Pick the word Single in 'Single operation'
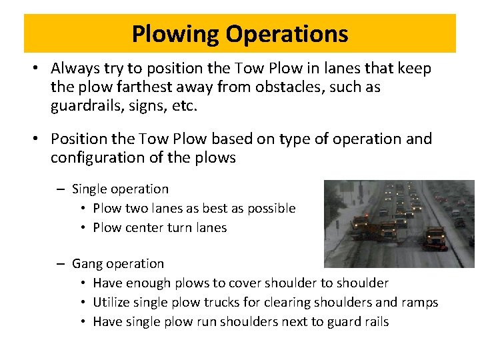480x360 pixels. point(89,189)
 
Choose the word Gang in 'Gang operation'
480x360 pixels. point(87,264)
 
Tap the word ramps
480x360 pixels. point(420,303)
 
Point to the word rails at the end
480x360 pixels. point(374,321)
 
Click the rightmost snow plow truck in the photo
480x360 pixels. point(435,238)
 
